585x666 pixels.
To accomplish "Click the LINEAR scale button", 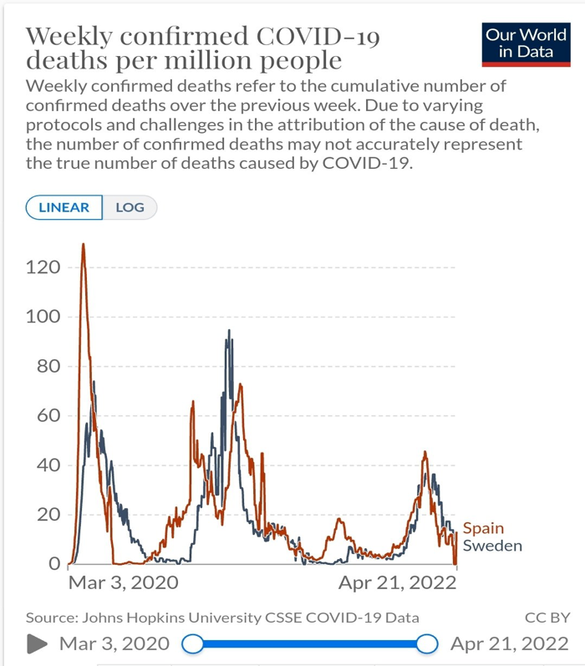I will (64, 207).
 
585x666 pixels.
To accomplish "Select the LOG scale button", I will (130, 207).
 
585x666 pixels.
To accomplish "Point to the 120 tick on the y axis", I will (43, 267).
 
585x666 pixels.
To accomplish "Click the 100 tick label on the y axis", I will (43, 317).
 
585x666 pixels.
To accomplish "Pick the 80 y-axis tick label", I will (48, 366).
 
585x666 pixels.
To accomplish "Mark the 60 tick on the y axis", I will (48, 415).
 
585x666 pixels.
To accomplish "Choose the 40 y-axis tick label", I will (48, 465).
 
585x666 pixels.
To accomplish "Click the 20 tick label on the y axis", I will (48, 514).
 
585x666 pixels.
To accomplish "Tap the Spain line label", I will (483, 528).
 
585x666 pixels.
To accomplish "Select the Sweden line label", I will (492, 546).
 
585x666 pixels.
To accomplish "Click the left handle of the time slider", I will (192, 643).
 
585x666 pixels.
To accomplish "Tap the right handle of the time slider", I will (427, 643).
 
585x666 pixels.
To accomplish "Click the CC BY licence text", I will (547, 618).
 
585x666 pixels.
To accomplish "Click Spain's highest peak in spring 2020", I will (83, 244).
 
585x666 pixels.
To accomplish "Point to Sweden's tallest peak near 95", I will (229, 331).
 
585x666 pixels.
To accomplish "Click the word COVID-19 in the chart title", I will (322, 37).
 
